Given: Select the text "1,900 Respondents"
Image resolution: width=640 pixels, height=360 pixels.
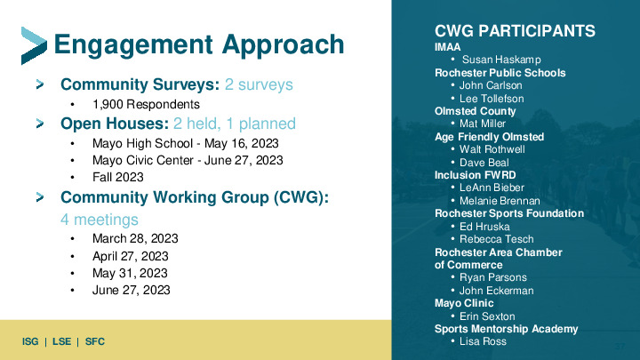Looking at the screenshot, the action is pos(146,105).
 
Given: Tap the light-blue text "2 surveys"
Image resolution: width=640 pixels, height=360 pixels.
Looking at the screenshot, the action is pos(259,84).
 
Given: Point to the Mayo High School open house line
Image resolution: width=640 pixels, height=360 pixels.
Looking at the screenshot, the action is pos(185,143).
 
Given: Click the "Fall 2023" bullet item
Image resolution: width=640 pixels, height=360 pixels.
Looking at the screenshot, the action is pos(118,177).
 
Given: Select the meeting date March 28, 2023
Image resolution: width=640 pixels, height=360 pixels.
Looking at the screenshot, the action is pos(135,238).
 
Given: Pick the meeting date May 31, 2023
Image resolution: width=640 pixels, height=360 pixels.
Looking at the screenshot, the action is pos(130,273).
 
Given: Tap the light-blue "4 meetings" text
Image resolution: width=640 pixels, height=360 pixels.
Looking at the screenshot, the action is pos(100,220).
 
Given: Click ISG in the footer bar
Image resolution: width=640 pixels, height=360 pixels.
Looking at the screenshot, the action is pos(30,341).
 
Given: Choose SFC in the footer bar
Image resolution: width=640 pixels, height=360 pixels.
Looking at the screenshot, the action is pos(95,341).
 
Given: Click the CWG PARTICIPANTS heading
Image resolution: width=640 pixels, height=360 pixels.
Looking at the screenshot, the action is pos(515,31).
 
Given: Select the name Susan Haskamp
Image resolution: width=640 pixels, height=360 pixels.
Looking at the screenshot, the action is pos(501,60).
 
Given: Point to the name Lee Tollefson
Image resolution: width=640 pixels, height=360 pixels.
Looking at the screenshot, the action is pos(492,99).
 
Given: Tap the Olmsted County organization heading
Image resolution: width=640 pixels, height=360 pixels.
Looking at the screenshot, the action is pos(475,111).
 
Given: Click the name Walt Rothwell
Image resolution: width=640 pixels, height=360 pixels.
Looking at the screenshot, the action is pos(492,149).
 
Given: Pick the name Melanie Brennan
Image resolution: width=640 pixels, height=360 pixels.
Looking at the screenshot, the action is pos(500,201).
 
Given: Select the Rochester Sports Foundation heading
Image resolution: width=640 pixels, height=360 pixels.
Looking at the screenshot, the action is pos(509,213).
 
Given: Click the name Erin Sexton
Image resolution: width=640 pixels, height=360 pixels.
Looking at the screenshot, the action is pos(487,316).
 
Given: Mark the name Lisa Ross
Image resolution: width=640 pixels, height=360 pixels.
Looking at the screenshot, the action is pos(483,341).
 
